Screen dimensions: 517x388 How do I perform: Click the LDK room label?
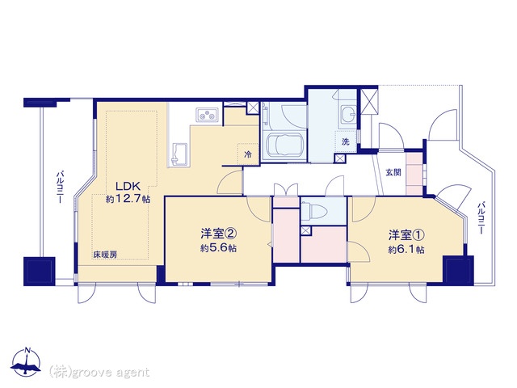[128, 187]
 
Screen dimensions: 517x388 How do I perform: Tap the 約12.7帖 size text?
[128, 199]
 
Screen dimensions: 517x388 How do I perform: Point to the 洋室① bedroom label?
[406, 235]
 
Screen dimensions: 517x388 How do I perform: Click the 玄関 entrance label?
[393, 172]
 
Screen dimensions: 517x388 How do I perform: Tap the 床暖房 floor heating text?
[104, 255]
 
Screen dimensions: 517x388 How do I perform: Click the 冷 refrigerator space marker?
[248, 154]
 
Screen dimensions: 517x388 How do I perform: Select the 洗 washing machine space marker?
[345, 142]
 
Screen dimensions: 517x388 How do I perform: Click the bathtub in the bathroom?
[284, 145]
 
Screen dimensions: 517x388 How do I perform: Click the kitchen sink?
[179, 154]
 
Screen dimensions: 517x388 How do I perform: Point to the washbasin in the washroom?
[347, 115]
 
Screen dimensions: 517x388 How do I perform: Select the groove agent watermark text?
[99, 373]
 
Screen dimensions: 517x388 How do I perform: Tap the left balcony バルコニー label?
[59, 187]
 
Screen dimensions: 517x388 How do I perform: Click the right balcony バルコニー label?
[481, 218]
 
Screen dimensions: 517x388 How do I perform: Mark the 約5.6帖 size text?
[219, 248]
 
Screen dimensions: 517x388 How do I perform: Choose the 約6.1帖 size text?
[406, 250]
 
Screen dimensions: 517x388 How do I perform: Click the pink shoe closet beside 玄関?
[414, 174]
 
